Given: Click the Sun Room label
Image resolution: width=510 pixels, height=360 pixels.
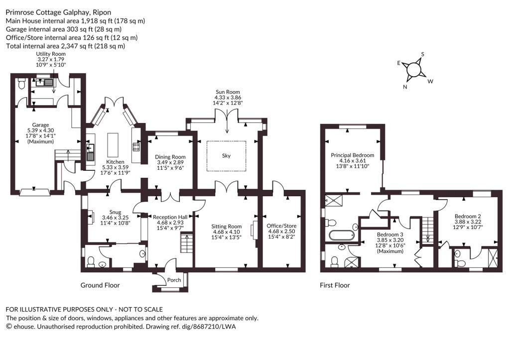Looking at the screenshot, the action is tap(228, 92).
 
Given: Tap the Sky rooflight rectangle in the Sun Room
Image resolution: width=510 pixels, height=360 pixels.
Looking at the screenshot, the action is tap(226, 155).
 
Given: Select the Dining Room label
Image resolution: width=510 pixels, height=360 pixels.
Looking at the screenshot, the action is tap(170, 157).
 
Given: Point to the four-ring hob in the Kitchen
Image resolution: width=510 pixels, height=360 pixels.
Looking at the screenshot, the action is tap(136, 147).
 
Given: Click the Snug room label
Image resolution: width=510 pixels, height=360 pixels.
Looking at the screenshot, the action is tap(115, 212).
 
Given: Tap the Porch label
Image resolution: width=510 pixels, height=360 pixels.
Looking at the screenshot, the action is tap(174, 280).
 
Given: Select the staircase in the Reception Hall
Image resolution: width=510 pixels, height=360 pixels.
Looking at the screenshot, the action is tap(187, 242).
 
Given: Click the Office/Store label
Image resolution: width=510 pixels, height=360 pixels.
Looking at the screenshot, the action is tap(281, 226).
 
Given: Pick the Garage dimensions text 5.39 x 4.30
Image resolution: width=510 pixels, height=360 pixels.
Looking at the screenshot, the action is tap(41, 130).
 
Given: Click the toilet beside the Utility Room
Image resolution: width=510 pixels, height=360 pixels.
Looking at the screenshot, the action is tap(21, 83).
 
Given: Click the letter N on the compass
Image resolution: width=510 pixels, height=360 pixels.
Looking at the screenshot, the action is tap(405, 87).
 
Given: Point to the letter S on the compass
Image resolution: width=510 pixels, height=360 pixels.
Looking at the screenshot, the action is tap(423, 54).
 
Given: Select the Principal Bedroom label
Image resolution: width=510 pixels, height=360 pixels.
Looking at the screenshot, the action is tap(353, 155).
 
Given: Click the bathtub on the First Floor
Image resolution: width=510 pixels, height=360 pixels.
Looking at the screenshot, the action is tap(341, 236).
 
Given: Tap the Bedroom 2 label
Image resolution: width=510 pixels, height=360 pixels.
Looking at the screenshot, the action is tap(468, 216).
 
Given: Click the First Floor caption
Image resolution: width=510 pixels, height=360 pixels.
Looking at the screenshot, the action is tap(335, 285).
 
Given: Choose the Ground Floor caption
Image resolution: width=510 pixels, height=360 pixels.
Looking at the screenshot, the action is tap(100, 285).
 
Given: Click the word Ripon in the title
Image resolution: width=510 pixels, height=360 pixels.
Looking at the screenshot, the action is tap(102, 12).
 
